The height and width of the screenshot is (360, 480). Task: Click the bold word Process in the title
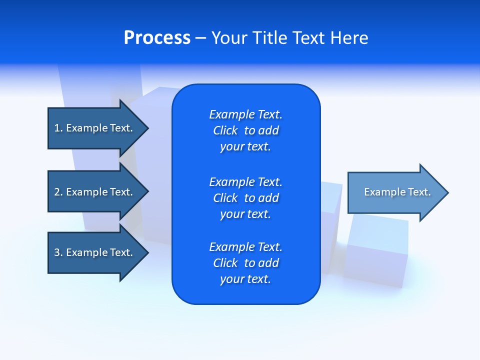tap(157, 38)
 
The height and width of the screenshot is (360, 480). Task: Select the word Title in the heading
tap(270, 38)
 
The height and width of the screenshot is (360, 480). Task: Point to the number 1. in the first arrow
tap(58, 128)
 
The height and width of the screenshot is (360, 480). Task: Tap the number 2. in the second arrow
tap(58, 192)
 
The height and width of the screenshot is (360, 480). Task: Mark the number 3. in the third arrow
tap(58, 252)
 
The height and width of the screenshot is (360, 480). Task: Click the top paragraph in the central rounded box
tap(245, 130)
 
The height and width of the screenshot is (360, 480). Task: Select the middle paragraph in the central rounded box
tap(245, 198)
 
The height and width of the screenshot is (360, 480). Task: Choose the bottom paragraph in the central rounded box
tap(245, 263)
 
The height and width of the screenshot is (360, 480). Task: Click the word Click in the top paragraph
tap(225, 130)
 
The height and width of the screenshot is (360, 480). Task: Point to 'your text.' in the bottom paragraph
tap(245, 279)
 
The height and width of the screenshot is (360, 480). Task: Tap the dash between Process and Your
tap(200, 38)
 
